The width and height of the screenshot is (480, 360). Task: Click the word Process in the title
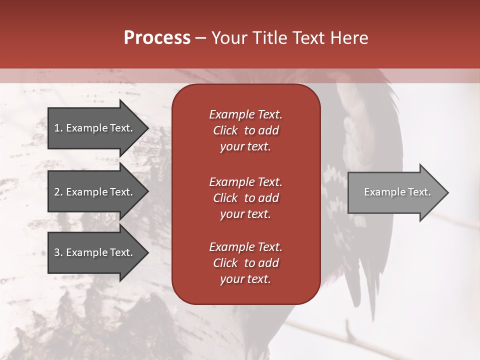(157, 38)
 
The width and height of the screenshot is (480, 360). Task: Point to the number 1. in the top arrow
(58, 128)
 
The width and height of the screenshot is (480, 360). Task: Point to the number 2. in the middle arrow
(58, 192)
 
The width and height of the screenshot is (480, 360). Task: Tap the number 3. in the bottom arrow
(58, 252)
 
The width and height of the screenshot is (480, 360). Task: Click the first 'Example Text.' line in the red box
(245, 114)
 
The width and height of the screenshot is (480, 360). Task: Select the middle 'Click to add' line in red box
(245, 198)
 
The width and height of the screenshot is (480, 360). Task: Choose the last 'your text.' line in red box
(245, 279)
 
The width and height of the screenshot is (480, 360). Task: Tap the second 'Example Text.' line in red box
(245, 182)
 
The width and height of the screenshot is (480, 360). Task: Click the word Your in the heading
(227, 38)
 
